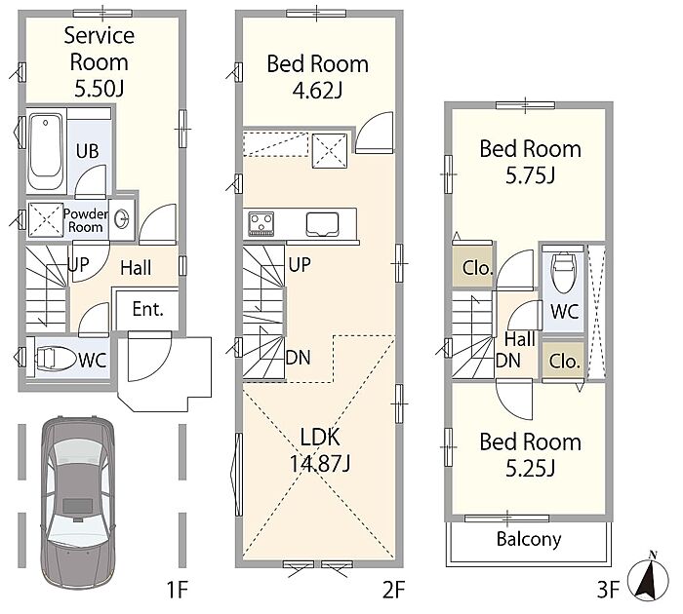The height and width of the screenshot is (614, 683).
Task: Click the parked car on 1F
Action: click(x=78, y=503)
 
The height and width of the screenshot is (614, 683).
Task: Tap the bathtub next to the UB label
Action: click(x=45, y=150)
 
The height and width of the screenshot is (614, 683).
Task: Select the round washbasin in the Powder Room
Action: click(x=122, y=218)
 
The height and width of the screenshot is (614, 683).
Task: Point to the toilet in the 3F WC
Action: click(x=563, y=273)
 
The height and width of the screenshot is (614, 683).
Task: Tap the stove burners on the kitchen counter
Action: click(x=261, y=223)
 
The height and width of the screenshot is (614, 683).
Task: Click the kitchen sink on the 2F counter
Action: click(x=322, y=224)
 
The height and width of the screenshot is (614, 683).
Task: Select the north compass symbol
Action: click(x=648, y=578)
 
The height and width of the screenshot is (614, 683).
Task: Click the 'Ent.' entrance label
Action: click(x=147, y=309)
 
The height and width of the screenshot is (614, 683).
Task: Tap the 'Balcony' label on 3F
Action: click(x=529, y=539)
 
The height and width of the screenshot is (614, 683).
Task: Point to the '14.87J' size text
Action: click(x=320, y=463)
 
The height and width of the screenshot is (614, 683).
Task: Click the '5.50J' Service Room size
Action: click(x=100, y=89)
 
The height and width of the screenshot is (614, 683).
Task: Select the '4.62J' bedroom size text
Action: click(x=317, y=91)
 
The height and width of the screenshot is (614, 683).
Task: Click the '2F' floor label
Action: click(x=394, y=590)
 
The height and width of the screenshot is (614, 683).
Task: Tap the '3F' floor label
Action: click(x=608, y=590)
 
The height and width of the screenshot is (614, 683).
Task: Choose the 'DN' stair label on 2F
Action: click(x=299, y=358)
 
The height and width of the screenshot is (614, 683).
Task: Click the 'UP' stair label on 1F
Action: click(x=79, y=264)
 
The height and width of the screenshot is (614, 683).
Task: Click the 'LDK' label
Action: click(x=320, y=437)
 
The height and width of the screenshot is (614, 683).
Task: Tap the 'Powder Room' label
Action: click(x=86, y=220)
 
